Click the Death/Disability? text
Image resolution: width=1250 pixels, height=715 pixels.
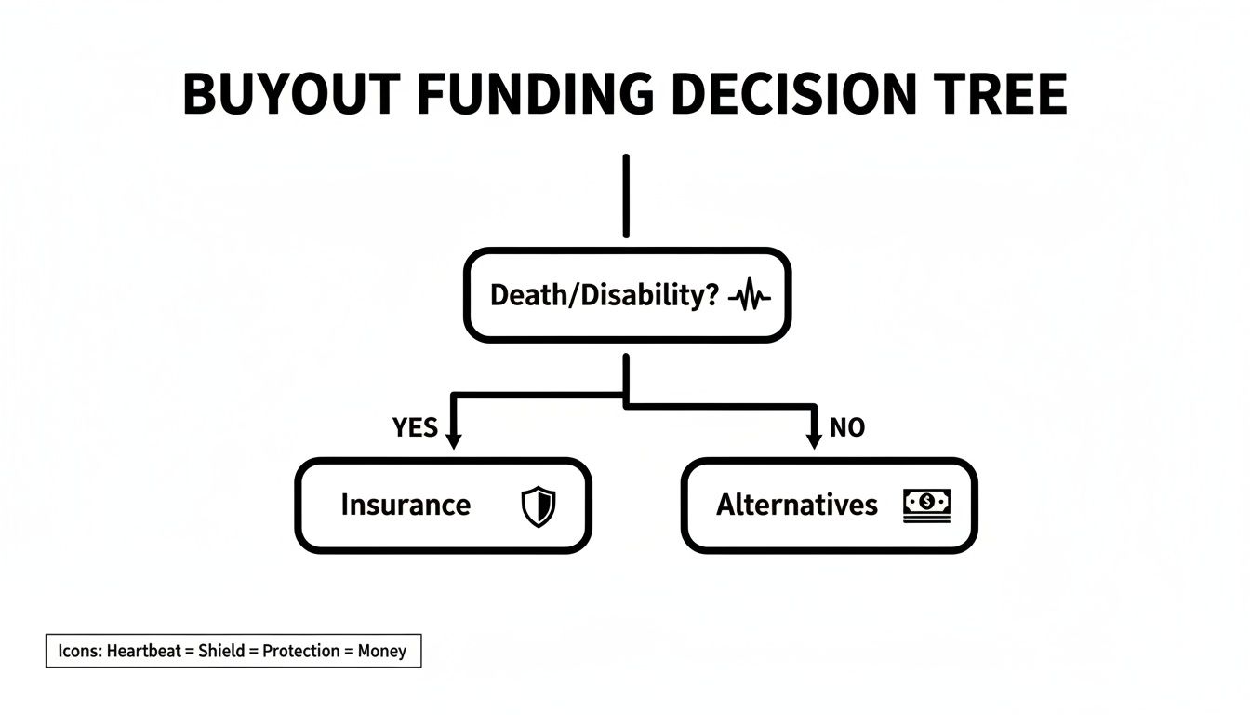pos(605,296)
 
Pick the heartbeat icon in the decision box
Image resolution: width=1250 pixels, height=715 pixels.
pos(751,297)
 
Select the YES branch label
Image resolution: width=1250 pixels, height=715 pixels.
pos(415,427)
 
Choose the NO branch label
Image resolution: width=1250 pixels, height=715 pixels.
pos(846,427)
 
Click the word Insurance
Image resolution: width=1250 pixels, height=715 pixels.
pos(406,505)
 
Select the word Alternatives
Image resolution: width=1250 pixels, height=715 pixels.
pos(796,505)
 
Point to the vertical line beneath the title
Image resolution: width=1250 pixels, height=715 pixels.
pos(626,196)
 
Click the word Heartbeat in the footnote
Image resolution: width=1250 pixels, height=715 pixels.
pos(143,651)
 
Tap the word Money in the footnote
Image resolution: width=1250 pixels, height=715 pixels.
pos(382,651)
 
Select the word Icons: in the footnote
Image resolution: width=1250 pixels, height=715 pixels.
pos(80,651)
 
